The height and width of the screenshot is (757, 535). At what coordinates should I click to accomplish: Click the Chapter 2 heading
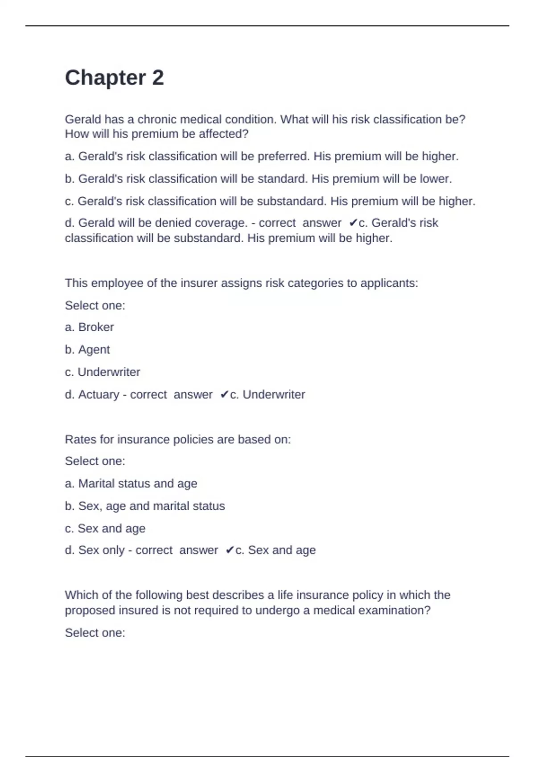tap(114, 78)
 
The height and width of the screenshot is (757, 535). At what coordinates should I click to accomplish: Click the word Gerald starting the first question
tap(83, 119)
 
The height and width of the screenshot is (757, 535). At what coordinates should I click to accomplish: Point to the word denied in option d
tap(174, 223)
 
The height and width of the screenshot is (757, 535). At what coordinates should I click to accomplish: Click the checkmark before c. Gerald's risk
tap(353, 223)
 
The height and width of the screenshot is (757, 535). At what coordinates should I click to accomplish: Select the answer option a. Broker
tap(89, 327)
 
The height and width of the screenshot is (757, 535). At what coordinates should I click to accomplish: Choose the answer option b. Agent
tap(87, 350)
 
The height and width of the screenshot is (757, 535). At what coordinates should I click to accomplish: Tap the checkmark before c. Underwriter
tap(224, 395)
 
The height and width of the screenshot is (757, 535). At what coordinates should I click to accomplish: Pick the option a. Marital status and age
tap(131, 484)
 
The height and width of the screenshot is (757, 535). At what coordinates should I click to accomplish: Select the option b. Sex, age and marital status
tap(145, 506)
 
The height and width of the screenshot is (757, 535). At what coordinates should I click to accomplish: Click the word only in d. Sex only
tap(114, 550)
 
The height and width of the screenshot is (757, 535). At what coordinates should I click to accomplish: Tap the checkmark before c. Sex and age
tap(230, 550)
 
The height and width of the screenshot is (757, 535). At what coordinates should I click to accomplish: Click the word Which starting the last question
tap(81, 595)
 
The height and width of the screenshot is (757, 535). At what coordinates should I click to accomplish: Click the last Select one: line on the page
tap(95, 633)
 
